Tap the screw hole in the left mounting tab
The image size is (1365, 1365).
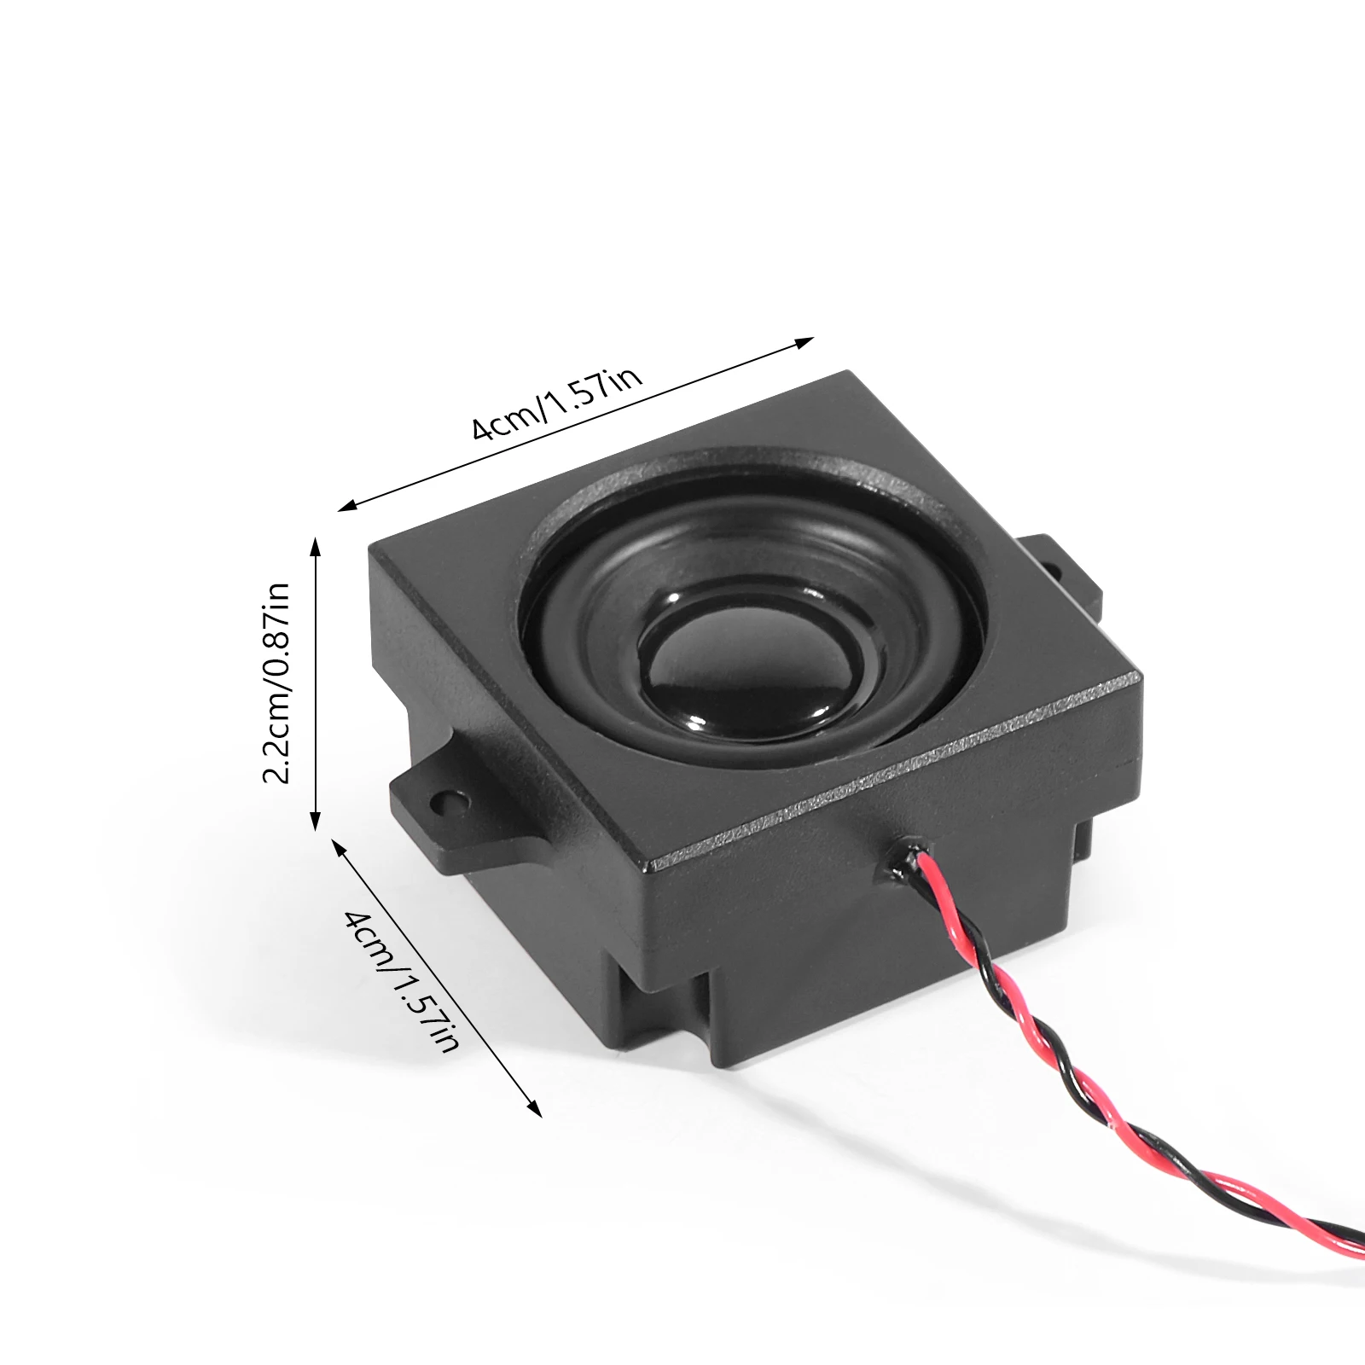pos(449,801)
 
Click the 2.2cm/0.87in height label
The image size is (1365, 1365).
pos(278,682)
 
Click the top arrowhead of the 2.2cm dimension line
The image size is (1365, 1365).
pos(316,546)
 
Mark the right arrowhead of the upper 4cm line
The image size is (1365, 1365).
pos(805,342)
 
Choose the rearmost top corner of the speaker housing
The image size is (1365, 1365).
pos(848,372)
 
